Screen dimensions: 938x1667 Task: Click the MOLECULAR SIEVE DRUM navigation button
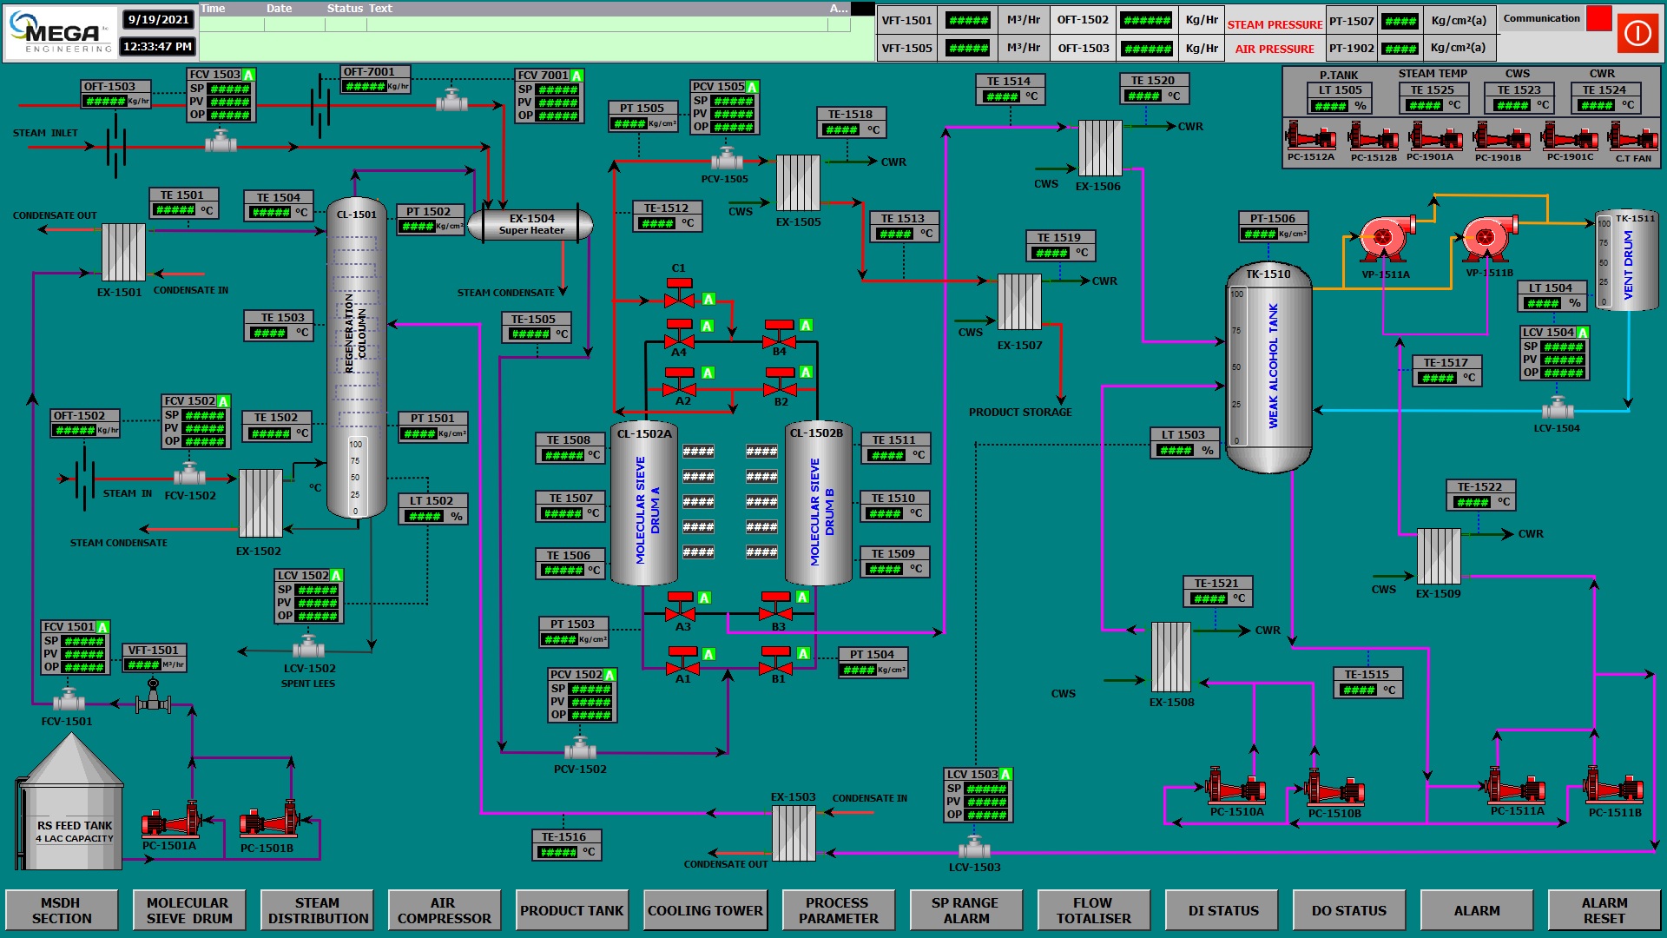(188, 910)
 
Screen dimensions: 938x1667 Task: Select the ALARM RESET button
(1604, 910)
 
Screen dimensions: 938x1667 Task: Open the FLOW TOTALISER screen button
(1093, 910)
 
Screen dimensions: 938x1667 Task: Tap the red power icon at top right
(1637, 33)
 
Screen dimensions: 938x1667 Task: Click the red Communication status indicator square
(1598, 18)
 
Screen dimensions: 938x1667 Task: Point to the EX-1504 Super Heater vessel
(530, 224)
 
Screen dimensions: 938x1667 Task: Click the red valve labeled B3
(776, 608)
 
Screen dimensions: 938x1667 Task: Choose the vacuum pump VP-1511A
(1384, 241)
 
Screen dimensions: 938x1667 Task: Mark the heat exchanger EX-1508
(1170, 657)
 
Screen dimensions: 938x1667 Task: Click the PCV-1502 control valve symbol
(580, 748)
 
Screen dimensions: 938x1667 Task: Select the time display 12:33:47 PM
(157, 46)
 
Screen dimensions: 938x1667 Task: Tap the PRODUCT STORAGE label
(1020, 412)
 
